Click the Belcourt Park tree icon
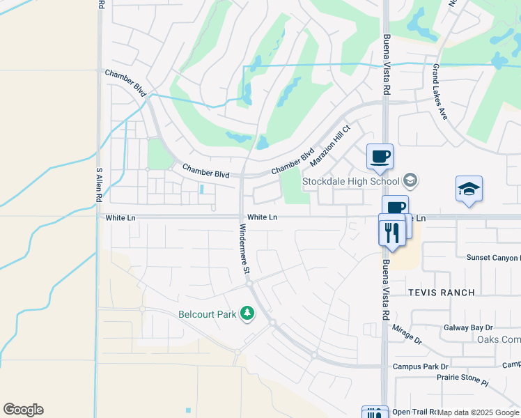point(247,314)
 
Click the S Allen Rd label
point(99,184)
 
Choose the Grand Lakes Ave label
point(440,93)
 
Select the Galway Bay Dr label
point(468,327)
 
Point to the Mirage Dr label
point(407,334)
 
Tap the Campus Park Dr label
point(421,366)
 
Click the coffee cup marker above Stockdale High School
point(380,157)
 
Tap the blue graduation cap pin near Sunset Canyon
point(469,189)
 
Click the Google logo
point(24,410)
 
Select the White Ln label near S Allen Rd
point(120,218)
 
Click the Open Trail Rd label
point(415,412)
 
